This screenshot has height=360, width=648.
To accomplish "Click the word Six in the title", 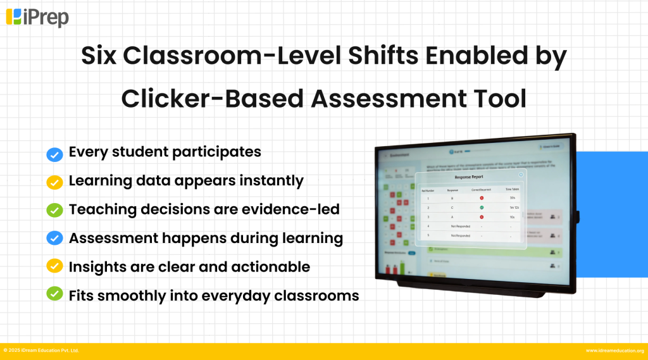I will click(x=100, y=56).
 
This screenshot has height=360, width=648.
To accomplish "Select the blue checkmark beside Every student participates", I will click(x=54, y=153).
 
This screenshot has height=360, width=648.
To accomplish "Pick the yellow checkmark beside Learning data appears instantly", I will click(x=54, y=182).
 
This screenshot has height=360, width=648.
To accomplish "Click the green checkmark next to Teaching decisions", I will click(x=54, y=209).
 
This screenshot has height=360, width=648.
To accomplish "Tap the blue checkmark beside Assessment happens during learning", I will click(x=54, y=238).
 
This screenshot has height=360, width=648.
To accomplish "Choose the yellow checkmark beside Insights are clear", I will click(x=54, y=266).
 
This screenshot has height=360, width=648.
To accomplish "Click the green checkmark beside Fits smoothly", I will click(x=54, y=294).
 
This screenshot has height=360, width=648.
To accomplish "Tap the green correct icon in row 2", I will click(x=482, y=207).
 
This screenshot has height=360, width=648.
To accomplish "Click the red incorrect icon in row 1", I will click(x=482, y=198).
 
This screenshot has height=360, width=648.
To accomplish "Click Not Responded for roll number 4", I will click(x=460, y=226).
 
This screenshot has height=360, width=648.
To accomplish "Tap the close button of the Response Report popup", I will click(x=521, y=174).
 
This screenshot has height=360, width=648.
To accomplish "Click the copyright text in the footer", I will click(x=41, y=351).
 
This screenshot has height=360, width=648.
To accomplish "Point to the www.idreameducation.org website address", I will click(x=614, y=351).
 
